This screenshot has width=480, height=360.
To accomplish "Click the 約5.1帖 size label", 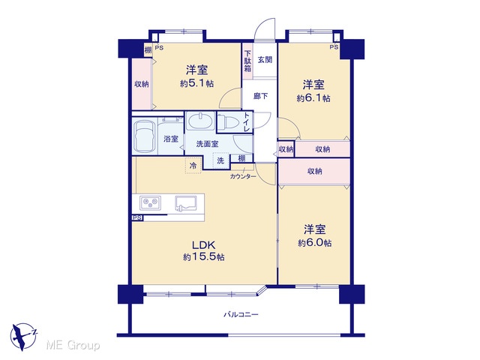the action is pos(196,83).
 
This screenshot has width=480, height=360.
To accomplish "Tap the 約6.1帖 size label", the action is pos(313,98).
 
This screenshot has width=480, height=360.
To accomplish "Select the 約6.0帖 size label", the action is pos(315,243).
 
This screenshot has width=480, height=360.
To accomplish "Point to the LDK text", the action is pos(203,245).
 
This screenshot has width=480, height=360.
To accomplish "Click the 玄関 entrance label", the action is pos(265,59).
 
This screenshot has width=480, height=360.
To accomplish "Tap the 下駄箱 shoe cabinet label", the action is pos(247,61).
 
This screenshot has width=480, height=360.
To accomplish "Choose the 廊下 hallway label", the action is pos(260,96).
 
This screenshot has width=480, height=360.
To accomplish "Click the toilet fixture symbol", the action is pos(229,122).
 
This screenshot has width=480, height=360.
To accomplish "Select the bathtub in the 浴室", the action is pos(145,136).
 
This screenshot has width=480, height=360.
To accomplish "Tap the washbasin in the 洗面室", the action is pos(200,121).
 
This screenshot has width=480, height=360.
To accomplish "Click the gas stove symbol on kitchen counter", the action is pos(150,202).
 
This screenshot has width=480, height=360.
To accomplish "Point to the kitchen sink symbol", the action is pos(187,203).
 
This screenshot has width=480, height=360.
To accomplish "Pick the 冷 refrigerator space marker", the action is pos(193,166).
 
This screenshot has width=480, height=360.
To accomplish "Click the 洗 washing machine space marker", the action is pos(220,160).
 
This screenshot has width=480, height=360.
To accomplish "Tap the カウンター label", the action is pos(243,177).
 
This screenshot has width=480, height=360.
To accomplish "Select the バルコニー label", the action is pos(241,314).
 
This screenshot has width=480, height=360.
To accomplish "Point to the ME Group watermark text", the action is pos(73,346).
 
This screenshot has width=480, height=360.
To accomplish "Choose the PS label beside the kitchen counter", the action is pos(137,218).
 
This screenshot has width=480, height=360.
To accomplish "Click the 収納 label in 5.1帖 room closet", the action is pos(142,84).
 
